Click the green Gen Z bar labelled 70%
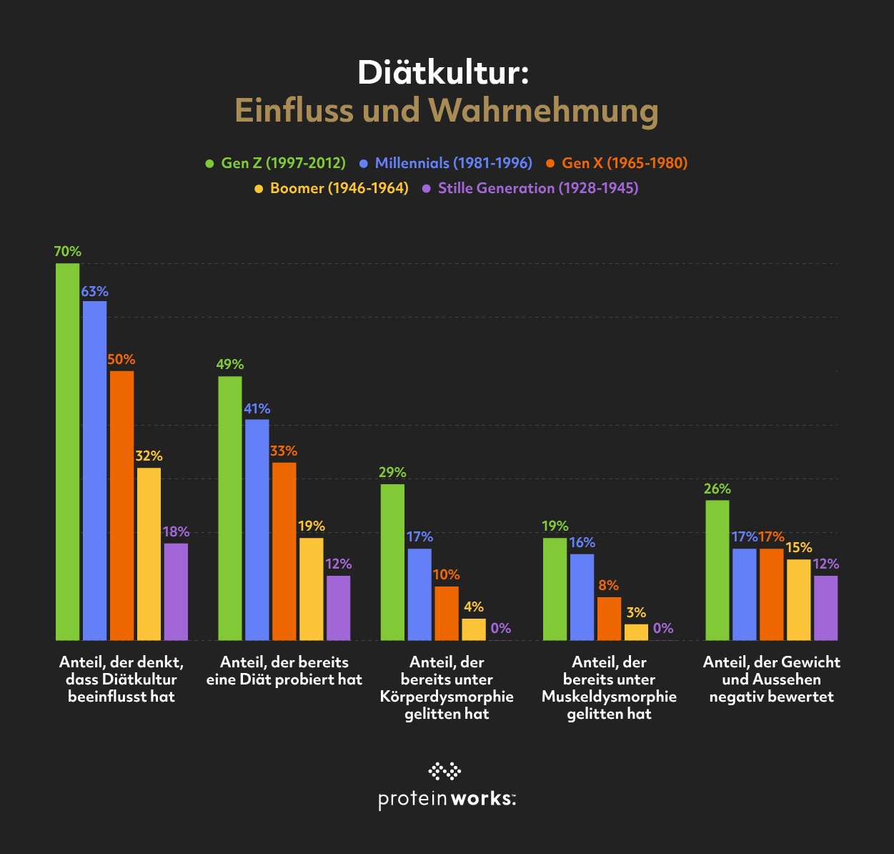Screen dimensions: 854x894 click(68, 451)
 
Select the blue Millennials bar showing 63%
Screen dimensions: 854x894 click(94, 470)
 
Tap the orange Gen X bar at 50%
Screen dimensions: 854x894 click(121, 505)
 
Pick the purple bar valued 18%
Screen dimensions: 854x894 click(176, 592)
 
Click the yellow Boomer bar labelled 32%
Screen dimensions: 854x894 click(149, 554)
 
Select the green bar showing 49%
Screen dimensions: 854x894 click(230, 508)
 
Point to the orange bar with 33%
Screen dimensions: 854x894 click(284, 551)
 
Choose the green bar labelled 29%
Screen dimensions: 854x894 click(392, 561)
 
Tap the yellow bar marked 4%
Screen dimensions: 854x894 click(474, 629)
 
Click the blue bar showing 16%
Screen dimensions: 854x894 click(582, 597)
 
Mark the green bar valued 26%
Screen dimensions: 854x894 click(717, 570)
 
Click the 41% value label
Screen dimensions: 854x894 click(257, 408)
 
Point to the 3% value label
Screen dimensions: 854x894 click(636, 612)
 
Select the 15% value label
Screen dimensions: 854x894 click(799, 547)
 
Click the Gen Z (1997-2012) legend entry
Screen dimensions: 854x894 click(276, 163)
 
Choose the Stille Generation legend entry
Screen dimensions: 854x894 click(530, 188)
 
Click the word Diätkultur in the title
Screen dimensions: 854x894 click(443, 72)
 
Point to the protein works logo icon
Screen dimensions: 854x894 click(444, 771)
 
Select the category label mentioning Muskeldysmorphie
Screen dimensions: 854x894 click(609, 687)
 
